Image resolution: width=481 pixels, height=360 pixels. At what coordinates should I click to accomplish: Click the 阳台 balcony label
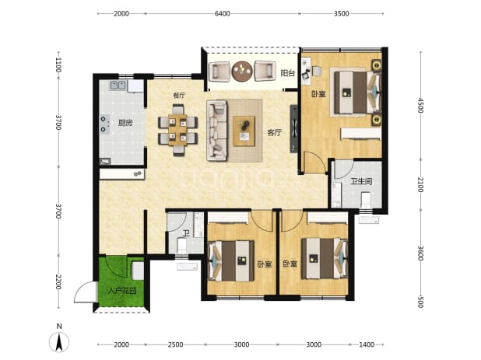(288, 73)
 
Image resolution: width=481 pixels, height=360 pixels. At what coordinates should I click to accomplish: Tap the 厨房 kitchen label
(125, 123)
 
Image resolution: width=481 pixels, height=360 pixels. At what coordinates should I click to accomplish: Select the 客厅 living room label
(274, 133)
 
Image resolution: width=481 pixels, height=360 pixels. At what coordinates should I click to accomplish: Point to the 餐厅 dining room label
(179, 96)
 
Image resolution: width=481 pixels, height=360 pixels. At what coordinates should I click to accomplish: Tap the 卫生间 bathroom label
(361, 181)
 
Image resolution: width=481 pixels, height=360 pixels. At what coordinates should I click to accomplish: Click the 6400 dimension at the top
(222, 13)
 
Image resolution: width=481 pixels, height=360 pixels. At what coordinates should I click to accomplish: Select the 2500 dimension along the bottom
(175, 344)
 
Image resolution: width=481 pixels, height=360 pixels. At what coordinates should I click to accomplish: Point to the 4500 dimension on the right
(420, 105)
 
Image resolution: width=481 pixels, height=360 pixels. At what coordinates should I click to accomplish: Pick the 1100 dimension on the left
(58, 65)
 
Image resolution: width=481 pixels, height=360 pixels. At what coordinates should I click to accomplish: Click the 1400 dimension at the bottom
(367, 344)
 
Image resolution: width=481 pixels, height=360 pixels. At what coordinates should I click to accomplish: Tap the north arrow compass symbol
(59, 341)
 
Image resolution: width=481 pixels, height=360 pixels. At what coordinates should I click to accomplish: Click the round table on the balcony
(242, 71)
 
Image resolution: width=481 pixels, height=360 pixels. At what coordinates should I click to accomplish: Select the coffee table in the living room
(244, 131)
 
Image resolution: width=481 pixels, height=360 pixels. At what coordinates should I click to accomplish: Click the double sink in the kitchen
(118, 86)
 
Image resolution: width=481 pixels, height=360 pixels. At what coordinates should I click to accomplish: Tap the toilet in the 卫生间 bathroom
(366, 199)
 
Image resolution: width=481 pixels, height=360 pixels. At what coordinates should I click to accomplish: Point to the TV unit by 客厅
(294, 128)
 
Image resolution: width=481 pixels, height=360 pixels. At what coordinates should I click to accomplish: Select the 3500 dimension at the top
(341, 13)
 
